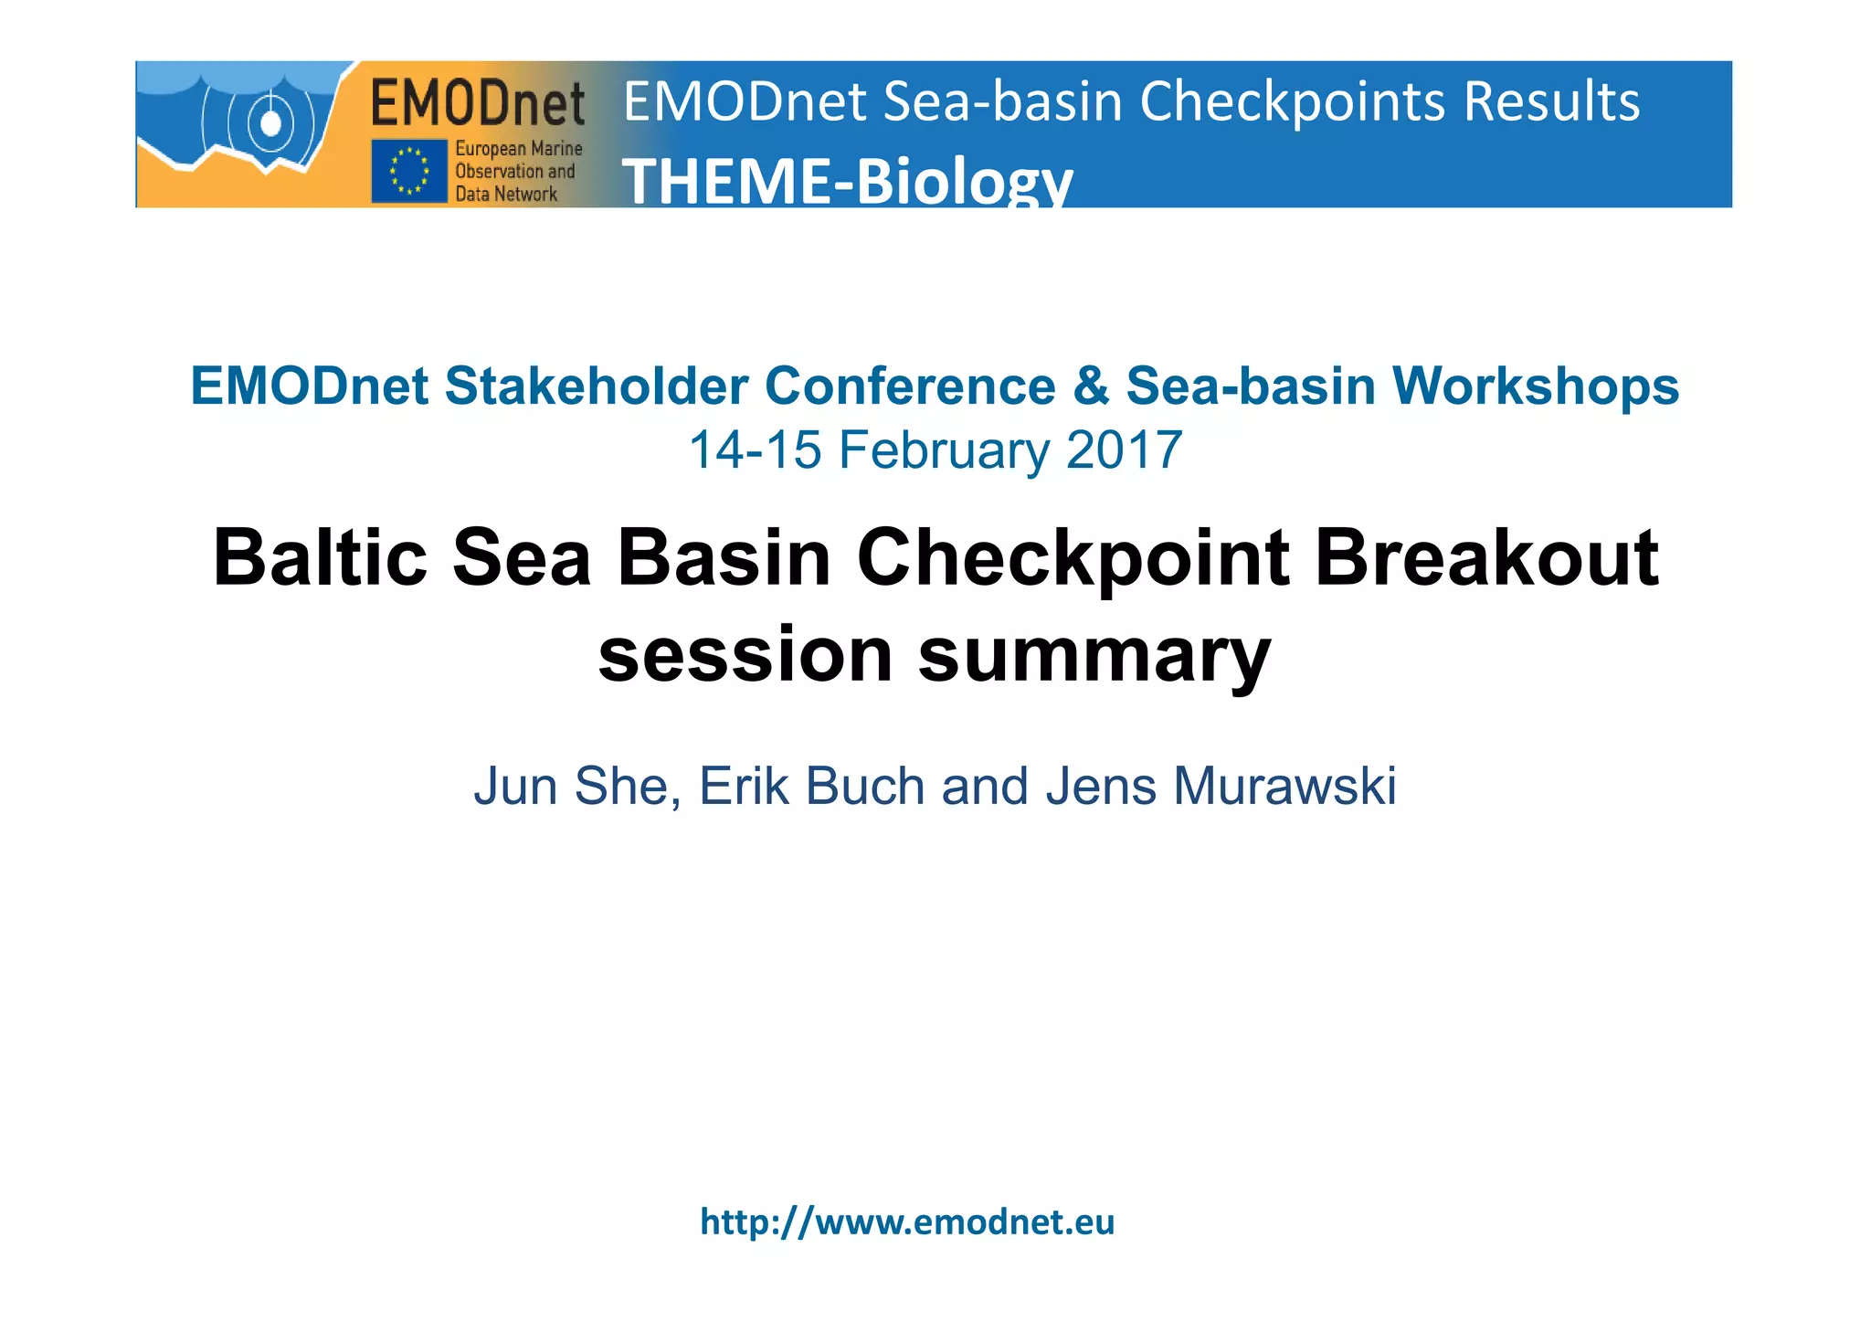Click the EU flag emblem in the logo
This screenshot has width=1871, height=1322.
[409, 171]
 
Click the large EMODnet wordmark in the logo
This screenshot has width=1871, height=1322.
[478, 102]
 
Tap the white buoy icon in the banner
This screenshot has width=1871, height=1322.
[270, 122]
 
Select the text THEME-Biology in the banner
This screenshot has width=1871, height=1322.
[847, 180]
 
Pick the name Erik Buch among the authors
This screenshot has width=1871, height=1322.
[811, 786]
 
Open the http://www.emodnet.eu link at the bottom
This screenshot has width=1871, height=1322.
[907, 1222]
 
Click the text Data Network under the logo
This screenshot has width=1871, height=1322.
[506, 194]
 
